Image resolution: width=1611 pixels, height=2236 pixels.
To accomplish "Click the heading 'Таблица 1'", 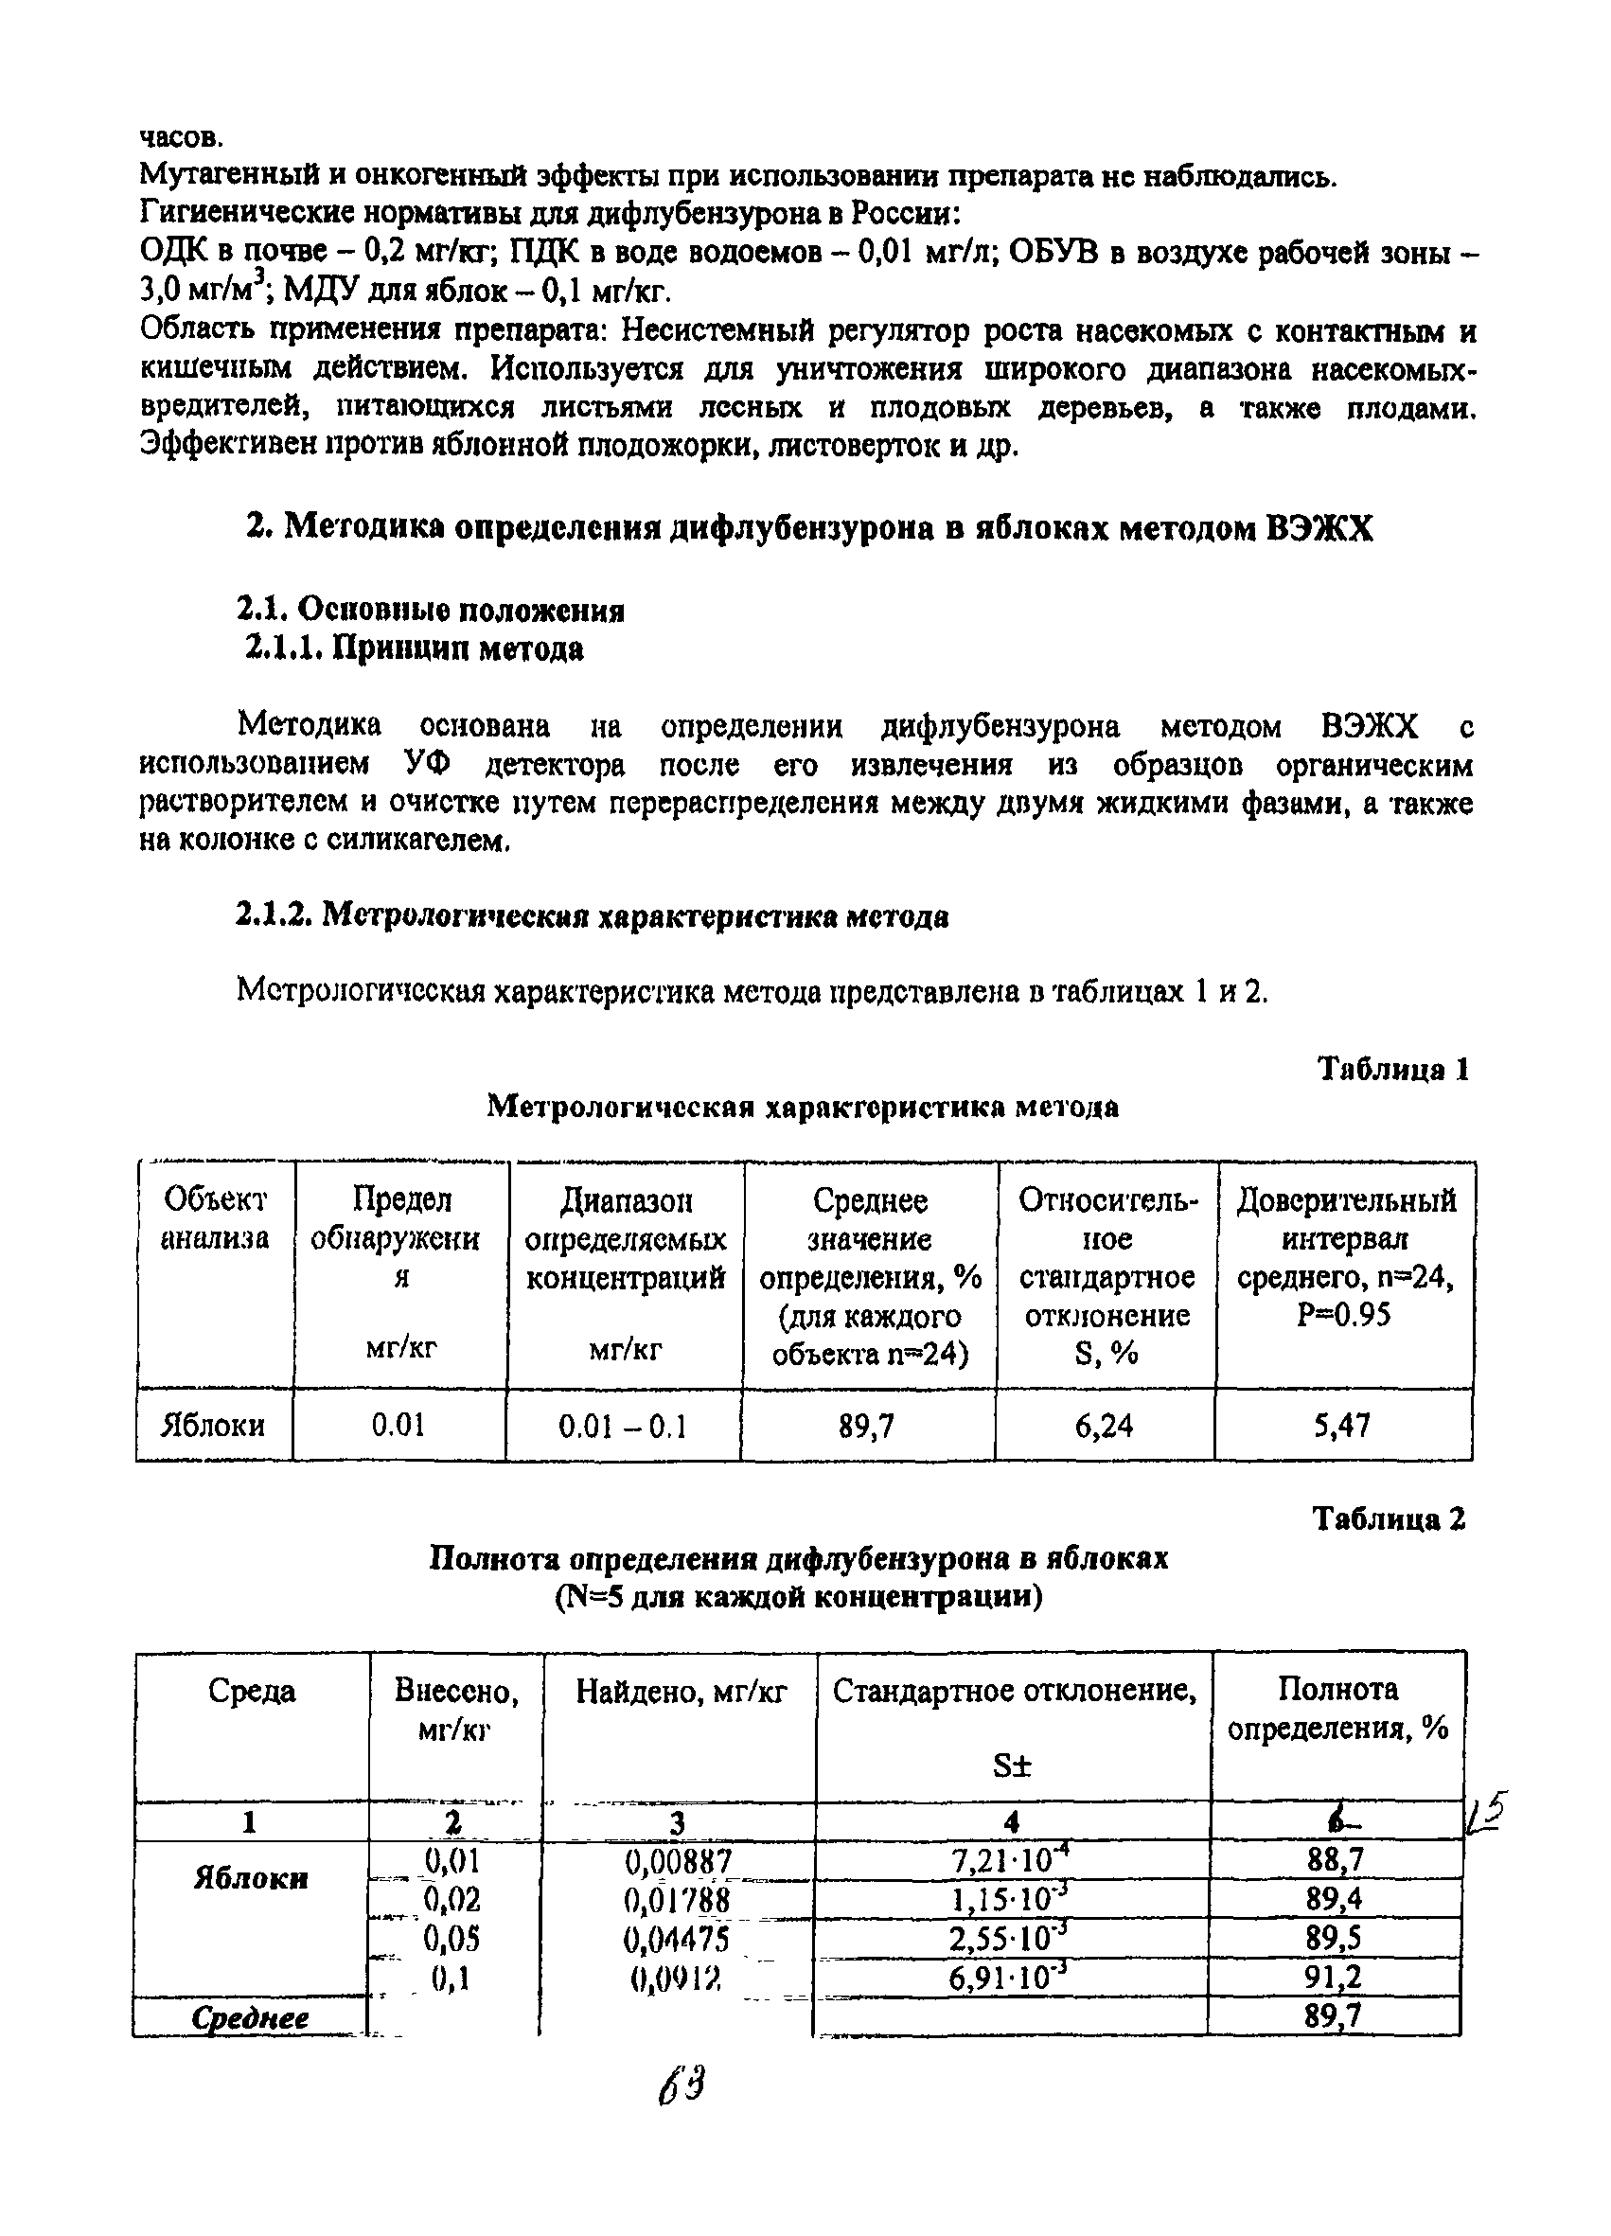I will tap(1393, 1070).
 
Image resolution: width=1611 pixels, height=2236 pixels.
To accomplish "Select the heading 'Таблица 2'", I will tap(1389, 1520).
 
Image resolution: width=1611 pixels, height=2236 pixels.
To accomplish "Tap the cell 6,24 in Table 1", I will tap(1104, 1426).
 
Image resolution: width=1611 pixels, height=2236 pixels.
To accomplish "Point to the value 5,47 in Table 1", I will tap(1342, 1426).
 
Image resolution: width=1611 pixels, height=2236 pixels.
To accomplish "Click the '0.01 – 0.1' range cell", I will tap(622, 1426).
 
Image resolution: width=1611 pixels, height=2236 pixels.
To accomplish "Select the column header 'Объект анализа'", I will tap(214, 1217).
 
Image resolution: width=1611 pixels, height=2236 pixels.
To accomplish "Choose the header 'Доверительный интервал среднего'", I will tap(1345, 1257).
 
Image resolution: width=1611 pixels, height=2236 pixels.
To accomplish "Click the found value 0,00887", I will tap(679, 1861).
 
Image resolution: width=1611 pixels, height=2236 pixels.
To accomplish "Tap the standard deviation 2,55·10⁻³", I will tap(1009, 1940).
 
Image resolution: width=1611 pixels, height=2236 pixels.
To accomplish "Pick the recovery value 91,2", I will tap(1334, 1977).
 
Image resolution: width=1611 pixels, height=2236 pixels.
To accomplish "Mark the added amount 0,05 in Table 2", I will tap(451, 1940).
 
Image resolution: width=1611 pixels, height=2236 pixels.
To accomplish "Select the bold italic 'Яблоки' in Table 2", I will tap(251, 1877).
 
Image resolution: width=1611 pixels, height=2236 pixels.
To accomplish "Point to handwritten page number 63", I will tap(683, 2086).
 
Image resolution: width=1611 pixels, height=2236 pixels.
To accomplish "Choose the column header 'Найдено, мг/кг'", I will tap(682, 1692).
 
